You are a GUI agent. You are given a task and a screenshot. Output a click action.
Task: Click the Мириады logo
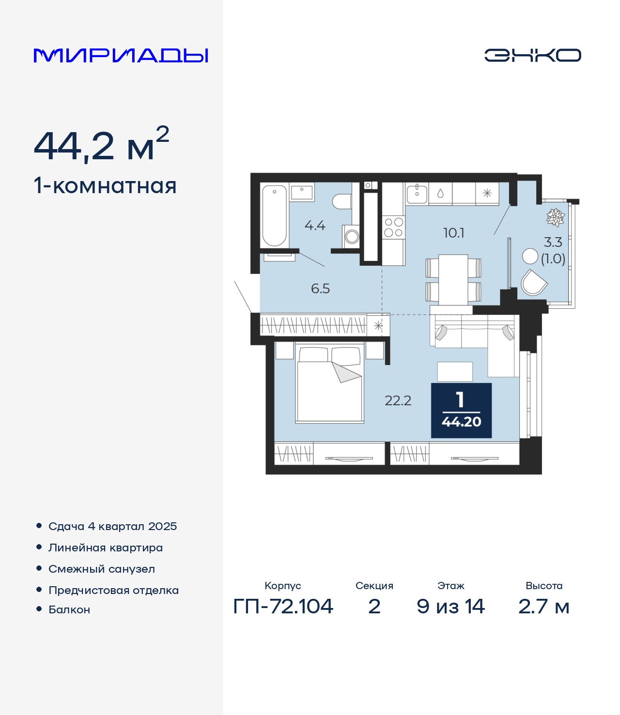coord(121,55)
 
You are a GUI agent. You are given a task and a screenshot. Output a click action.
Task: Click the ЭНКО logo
coord(532,55)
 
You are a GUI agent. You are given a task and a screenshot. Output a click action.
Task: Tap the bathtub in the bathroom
coord(275,215)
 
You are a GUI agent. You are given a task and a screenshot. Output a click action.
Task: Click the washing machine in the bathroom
coord(351,237)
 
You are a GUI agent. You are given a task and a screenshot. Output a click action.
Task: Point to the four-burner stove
coord(394,227)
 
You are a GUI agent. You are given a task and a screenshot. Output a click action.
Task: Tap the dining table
coord(453,280)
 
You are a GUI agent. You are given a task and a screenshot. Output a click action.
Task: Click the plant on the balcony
coord(555,217)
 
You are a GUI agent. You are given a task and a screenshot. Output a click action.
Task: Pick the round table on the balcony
coord(529,256)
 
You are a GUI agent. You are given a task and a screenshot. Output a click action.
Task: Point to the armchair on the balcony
coord(533,282)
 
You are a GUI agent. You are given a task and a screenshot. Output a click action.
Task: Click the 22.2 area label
coord(398,400)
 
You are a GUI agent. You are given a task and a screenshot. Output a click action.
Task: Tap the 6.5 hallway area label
coord(320,289)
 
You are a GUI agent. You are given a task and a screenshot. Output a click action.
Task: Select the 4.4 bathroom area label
coord(315,226)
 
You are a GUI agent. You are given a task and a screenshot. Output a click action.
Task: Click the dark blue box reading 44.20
coord(461,410)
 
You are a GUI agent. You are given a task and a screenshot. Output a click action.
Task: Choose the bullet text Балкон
coord(69,609)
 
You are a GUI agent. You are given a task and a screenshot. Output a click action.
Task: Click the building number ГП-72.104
coord(283,607)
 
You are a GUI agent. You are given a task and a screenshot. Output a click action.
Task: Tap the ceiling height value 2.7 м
coord(543,607)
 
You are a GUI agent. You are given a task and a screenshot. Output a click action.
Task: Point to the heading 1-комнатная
coord(105,186)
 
